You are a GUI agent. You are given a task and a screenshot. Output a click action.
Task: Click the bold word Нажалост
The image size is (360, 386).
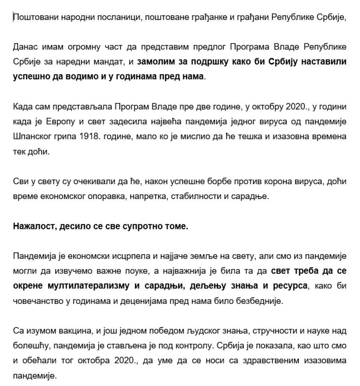tap(31, 226)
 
